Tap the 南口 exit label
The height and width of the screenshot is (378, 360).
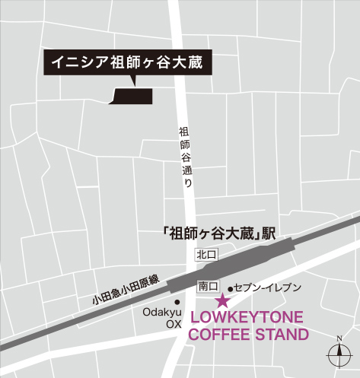[x=208, y=287]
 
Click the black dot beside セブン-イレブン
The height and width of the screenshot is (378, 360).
[x=229, y=289]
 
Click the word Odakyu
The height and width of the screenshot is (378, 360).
[x=161, y=312]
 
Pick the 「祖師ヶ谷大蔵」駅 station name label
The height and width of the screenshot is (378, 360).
[x=218, y=233]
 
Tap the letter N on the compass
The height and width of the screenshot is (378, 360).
[x=337, y=338]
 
